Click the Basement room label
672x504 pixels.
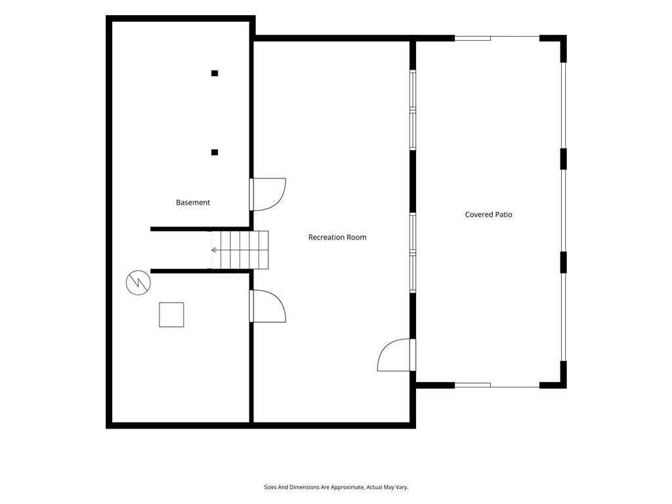193,202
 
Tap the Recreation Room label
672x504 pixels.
337,237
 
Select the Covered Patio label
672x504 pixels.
488,215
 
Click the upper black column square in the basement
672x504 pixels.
215,73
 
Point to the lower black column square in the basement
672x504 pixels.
215,152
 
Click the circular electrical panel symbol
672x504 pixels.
138,282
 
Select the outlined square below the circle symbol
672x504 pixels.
171,314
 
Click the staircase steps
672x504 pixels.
240,250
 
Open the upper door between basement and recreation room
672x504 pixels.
268,194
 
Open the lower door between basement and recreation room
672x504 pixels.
268,306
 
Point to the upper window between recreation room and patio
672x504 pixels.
413,110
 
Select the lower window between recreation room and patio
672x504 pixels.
413,253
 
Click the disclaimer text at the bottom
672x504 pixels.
336,488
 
